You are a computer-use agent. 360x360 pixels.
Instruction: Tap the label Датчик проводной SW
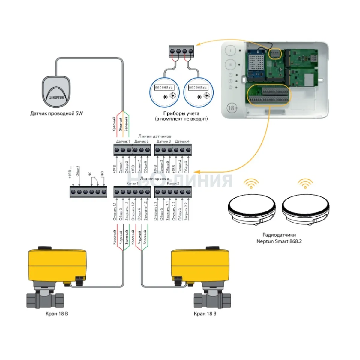point(56,113)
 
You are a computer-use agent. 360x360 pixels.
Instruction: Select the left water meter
point(164,91)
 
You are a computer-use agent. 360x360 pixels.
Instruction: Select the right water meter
point(198,91)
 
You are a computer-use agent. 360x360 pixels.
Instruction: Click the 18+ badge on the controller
point(232,107)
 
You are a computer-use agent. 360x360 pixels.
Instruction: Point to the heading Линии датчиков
point(155,136)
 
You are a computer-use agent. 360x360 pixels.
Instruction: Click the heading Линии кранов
point(155,178)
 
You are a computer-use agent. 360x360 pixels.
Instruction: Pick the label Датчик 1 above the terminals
point(123,141)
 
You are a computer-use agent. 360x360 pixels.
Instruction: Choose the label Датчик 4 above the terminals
point(182,141)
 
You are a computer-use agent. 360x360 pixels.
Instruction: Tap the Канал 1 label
point(132,184)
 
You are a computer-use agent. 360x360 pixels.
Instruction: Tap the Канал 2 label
point(173,184)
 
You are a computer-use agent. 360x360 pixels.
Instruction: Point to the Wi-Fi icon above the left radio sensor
point(251,183)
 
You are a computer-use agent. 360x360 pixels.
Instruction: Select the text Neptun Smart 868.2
point(279,241)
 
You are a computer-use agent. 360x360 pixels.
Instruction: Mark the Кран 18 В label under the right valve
point(205,314)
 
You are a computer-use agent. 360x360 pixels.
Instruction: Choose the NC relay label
point(89,174)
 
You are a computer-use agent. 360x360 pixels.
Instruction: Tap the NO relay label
point(102,174)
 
